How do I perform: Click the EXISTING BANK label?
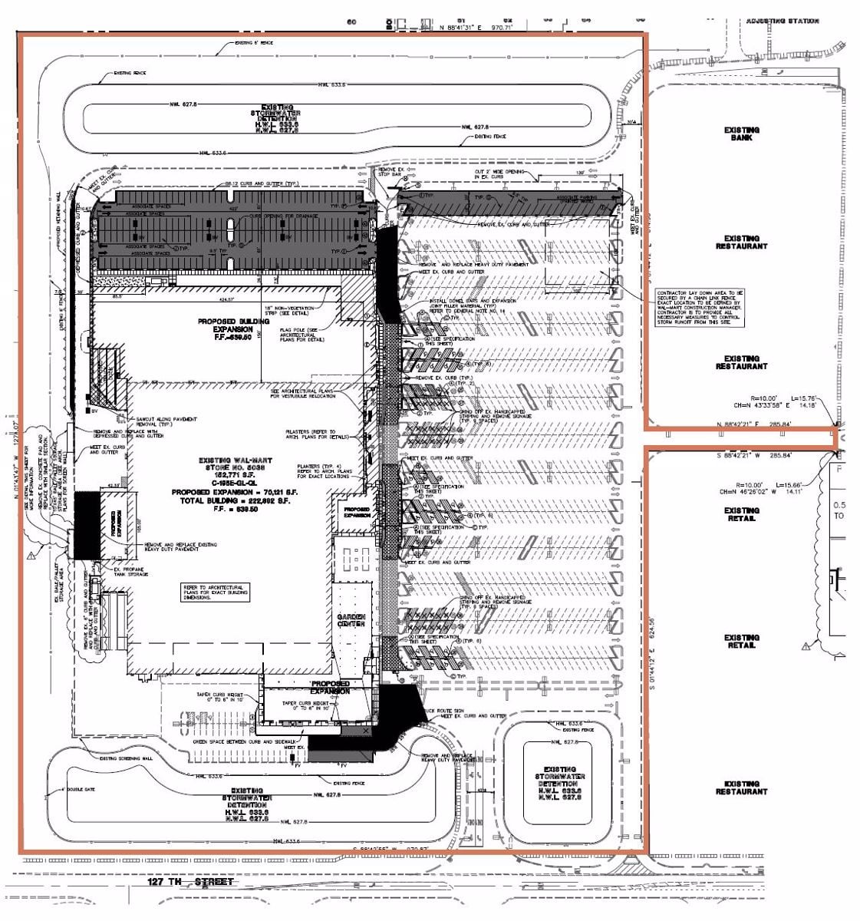point(741,134)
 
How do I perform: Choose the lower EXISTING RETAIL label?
point(741,642)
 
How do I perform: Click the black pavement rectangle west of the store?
point(85,526)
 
